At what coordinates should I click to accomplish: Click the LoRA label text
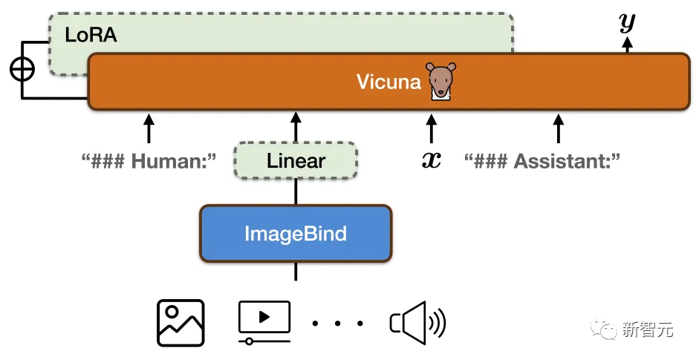91,35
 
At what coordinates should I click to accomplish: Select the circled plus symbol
22,69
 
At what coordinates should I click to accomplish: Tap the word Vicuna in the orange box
388,81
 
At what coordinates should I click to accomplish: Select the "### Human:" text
149,160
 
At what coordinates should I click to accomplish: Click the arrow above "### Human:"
149,127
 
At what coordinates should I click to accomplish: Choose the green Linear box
296,160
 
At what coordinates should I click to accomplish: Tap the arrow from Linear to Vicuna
296,127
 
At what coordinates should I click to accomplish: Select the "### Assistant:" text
541,160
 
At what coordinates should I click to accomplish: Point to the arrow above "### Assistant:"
559,127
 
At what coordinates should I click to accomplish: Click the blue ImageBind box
296,234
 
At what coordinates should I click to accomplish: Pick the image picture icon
180,322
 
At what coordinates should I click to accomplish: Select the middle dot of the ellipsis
338,324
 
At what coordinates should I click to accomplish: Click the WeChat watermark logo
602,329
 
